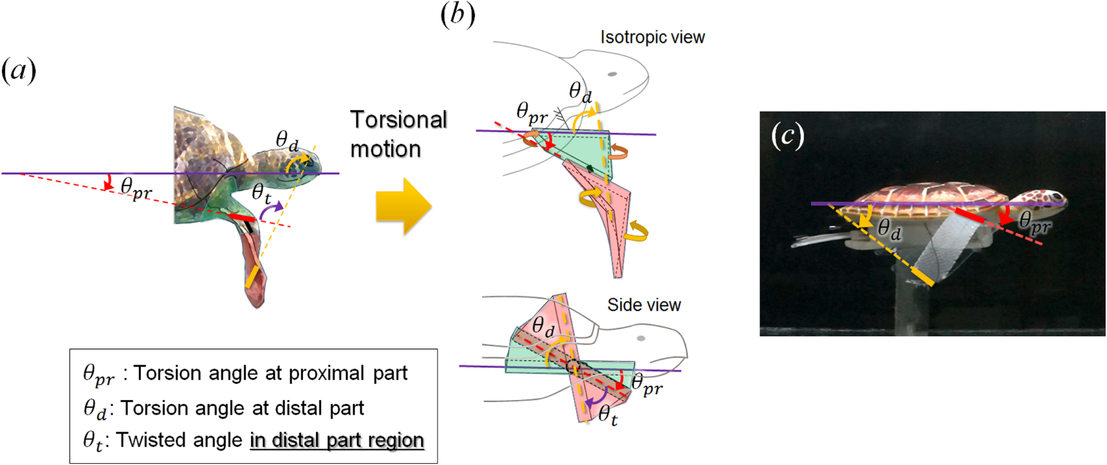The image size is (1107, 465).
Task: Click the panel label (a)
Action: tap(19, 70)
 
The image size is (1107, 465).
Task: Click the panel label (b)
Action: tap(458, 14)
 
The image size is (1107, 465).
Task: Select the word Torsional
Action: tap(398, 120)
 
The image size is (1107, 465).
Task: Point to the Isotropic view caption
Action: tap(652, 37)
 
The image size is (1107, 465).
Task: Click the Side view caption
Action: tap(644, 305)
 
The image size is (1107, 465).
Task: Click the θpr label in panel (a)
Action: tap(136, 189)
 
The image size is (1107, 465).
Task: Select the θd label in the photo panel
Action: tap(888, 229)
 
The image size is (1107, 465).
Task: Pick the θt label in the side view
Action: tap(608, 415)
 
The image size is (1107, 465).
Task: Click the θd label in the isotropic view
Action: tap(580, 93)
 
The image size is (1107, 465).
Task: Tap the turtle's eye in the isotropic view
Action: tap(612, 74)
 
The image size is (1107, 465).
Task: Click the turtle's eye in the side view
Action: tap(640, 338)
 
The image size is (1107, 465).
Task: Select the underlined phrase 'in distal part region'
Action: tap(337, 441)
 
